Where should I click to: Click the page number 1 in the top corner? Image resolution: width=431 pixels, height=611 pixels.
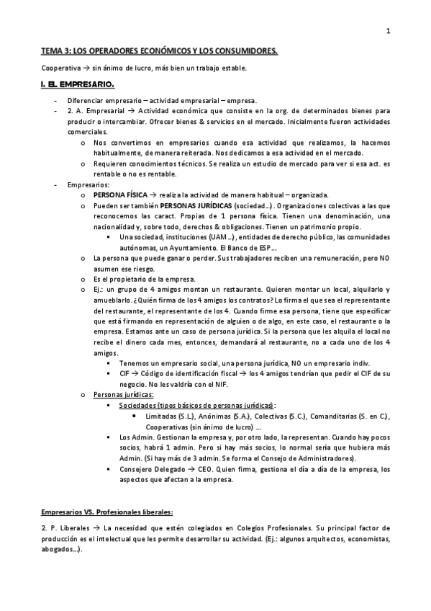pos(389,31)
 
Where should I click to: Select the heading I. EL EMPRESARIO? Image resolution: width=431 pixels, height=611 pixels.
pos(71,84)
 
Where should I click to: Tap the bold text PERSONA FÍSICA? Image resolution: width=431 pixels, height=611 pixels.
pos(118,195)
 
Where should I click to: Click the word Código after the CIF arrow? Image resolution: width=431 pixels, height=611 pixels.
pos(158,375)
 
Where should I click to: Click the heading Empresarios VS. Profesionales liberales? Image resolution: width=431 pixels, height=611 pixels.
pos(107,512)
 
